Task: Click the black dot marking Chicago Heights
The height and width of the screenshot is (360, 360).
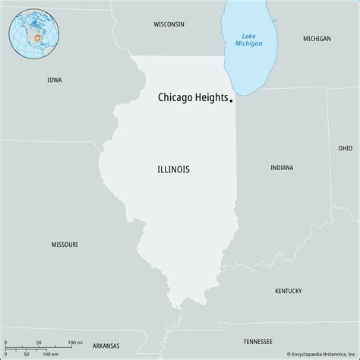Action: pos(231,96)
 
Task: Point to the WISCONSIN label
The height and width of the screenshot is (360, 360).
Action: pos(169,24)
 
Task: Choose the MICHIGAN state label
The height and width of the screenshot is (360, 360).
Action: pos(316,38)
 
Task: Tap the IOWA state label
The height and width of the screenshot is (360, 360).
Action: pos(54,80)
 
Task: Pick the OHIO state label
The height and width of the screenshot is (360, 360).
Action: pos(346,148)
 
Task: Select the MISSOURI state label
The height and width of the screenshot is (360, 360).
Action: pos(64,245)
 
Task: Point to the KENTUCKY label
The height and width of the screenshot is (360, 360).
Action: pos(288,291)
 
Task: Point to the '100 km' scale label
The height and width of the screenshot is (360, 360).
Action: pos(51,355)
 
